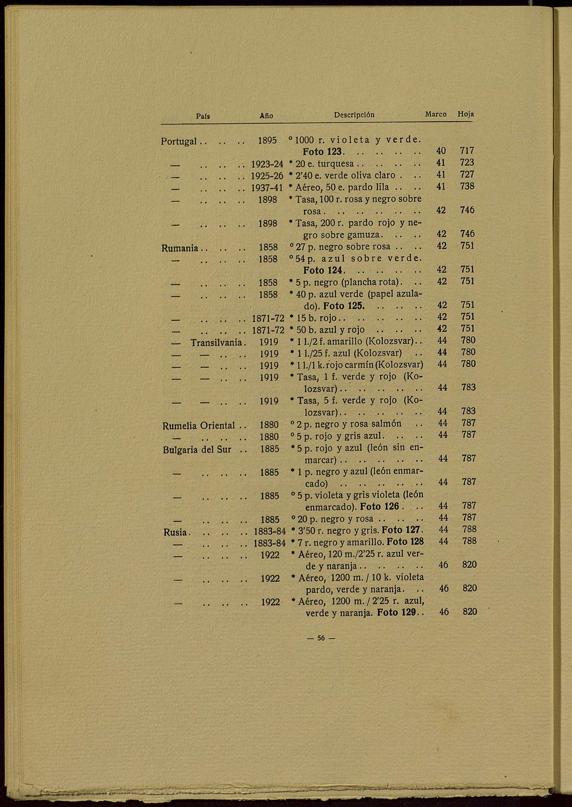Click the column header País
pyautogui.click(x=203, y=116)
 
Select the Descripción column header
pyautogui.click(x=354, y=115)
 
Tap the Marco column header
pyautogui.click(x=436, y=114)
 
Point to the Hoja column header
pyautogui.click(x=466, y=114)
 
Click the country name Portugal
pyautogui.click(x=179, y=141)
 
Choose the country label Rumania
pyautogui.click(x=180, y=248)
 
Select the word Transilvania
pyautogui.click(x=216, y=342)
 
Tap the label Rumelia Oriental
pyautogui.click(x=199, y=426)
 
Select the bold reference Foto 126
pyautogui.click(x=379, y=507)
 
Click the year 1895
pyautogui.click(x=268, y=141)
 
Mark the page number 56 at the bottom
pyautogui.click(x=321, y=638)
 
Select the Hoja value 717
pyautogui.click(x=467, y=151)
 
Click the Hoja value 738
pyautogui.click(x=467, y=186)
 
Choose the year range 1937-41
pyautogui.click(x=267, y=187)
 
